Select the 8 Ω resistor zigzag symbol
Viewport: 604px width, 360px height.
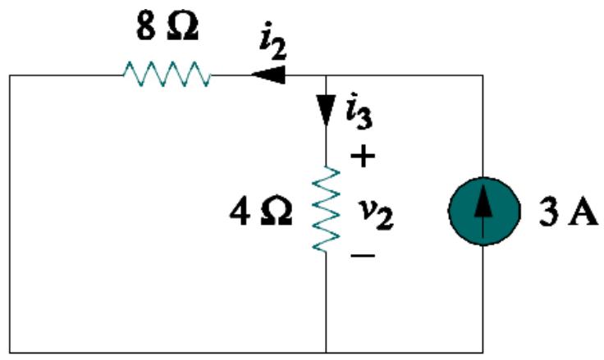click(167, 75)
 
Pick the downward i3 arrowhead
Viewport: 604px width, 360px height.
click(327, 112)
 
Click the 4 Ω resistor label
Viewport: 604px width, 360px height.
click(262, 212)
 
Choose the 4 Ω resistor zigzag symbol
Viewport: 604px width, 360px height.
click(327, 211)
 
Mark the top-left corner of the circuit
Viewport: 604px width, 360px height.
click(11, 75)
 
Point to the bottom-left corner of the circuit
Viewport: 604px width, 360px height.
click(11, 351)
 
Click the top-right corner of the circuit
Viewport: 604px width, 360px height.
click(482, 75)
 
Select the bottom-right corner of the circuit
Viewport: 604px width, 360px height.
click(482, 351)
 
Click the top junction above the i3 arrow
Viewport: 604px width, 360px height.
click(327, 75)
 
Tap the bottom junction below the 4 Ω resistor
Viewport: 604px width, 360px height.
click(327, 351)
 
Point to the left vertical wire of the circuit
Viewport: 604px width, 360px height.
click(11, 213)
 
